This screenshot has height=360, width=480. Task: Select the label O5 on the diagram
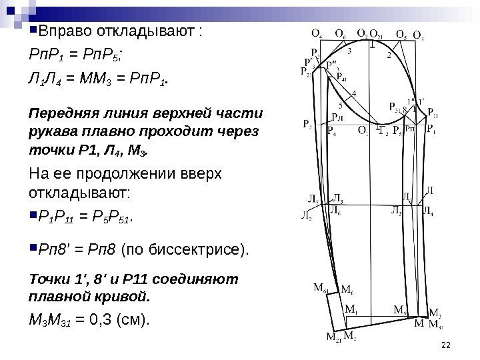401,33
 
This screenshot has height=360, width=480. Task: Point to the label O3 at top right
419,34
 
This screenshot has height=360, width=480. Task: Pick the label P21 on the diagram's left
307,73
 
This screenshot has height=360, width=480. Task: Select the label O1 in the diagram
363,130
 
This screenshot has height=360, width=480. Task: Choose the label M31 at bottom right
435,325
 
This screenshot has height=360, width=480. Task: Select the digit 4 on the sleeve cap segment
353,94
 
